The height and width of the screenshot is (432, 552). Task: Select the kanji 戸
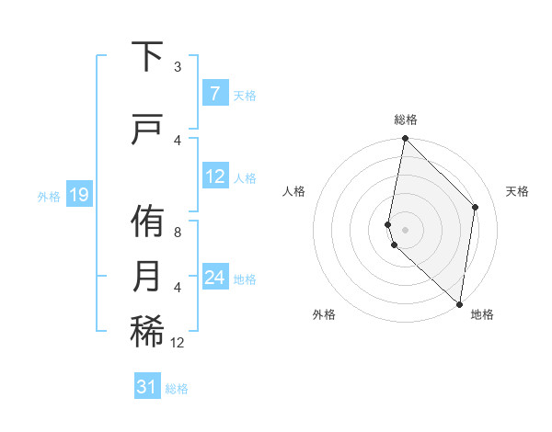click(147, 131)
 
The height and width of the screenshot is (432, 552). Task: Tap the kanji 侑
click(147, 222)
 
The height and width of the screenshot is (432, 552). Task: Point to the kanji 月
click(147, 277)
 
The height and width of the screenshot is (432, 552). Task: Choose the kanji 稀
click(147, 332)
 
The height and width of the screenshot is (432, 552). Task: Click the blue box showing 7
click(214, 94)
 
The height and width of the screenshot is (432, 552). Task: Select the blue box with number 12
click(215, 176)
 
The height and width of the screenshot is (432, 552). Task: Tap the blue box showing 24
click(215, 278)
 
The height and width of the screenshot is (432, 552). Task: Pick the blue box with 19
click(79, 195)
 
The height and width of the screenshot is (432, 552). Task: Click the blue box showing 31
click(147, 388)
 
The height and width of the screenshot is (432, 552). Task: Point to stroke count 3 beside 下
click(178, 66)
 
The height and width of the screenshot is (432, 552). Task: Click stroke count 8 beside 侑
click(178, 232)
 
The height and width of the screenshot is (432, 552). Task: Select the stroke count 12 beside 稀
click(178, 342)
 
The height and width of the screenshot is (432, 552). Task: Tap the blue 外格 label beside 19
click(48, 196)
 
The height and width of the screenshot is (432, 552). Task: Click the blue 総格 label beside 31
click(177, 389)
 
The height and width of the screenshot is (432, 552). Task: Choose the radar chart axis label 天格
click(518, 191)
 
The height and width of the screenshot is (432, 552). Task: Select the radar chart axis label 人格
click(293, 191)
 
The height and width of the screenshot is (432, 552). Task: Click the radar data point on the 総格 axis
click(405, 139)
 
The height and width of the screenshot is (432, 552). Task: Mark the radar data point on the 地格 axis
click(459, 303)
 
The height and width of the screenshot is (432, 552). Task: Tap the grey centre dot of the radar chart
click(405, 229)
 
